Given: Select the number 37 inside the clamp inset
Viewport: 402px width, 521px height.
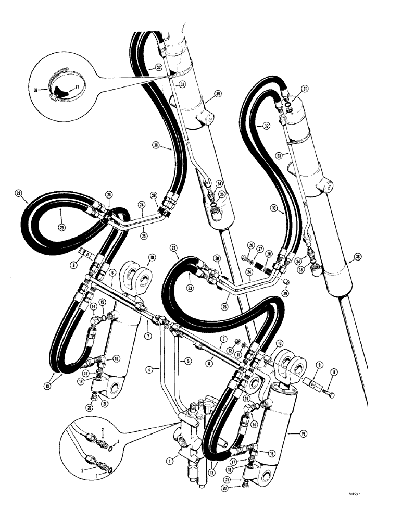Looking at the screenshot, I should click(77, 87).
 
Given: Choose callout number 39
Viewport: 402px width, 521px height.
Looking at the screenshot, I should click(204, 94).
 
